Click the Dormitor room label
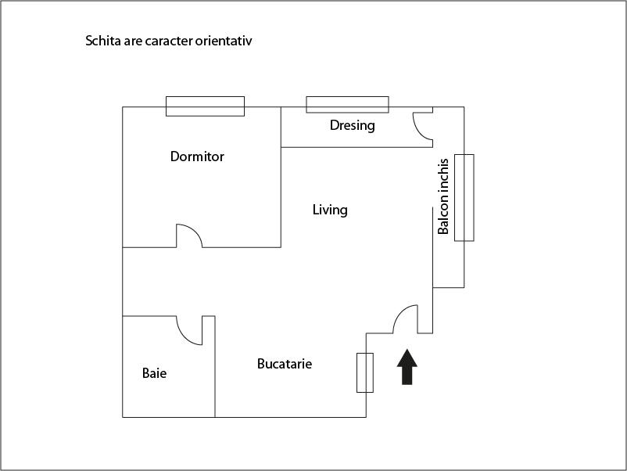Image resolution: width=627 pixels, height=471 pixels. pyautogui.click(x=197, y=156)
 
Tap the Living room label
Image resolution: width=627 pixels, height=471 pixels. pyautogui.click(x=330, y=210)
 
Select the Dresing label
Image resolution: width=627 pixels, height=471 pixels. pyautogui.click(x=352, y=125)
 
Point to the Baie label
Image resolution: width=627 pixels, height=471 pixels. pyautogui.click(x=154, y=373)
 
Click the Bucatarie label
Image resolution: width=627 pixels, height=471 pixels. pyautogui.click(x=285, y=364)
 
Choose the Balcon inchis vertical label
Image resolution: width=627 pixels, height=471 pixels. pyautogui.click(x=443, y=196)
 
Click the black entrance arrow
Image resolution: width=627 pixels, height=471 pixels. pyautogui.click(x=407, y=367)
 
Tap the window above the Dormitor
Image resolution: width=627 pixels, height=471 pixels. pyautogui.click(x=205, y=106)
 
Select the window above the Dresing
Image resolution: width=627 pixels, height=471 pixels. pyautogui.click(x=347, y=104)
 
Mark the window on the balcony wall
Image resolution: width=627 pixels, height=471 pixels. pyautogui.click(x=464, y=197)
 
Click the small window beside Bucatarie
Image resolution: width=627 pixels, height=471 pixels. pyautogui.click(x=365, y=372)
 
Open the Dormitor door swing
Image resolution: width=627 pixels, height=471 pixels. pyautogui.click(x=189, y=236)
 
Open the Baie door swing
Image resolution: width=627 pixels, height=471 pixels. pyautogui.click(x=190, y=331)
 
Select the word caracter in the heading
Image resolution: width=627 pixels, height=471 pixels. pyautogui.click(x=169, y=41)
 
